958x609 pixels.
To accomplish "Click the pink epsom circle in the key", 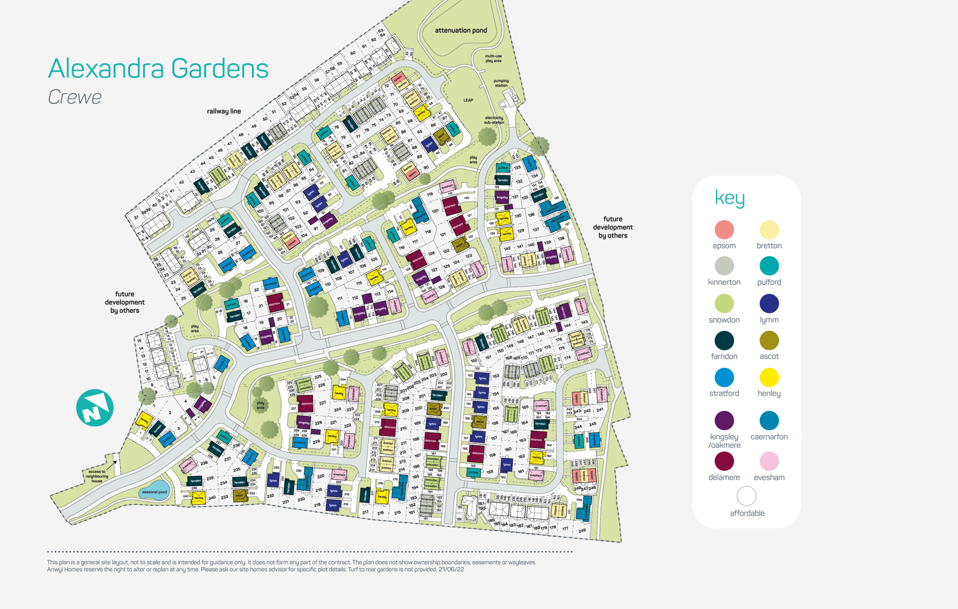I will (x=724, y=230).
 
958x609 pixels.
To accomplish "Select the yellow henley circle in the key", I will (x=769, y=377).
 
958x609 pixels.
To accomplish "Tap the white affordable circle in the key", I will (x=746, y=496).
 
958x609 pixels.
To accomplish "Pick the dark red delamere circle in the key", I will (x=724, y=461).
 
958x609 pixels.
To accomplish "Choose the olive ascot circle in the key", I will (x=769, y=340).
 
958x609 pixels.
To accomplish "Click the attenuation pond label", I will (x=461, y=30).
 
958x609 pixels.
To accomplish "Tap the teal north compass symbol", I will (x=95, y=408).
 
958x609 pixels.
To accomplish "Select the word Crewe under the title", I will (x=74, y=97).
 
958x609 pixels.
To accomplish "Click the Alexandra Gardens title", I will (x=158, y=68).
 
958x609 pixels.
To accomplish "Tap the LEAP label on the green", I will (x=468, y=100).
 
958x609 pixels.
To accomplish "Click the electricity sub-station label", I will (x=494, y=120).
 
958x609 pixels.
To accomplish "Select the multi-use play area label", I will (x=493, y=58).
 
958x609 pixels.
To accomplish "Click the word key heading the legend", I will (x=729, y=198).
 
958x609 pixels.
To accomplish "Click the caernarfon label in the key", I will (x=769, y=437).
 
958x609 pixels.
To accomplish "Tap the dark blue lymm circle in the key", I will (x=769, y=303).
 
